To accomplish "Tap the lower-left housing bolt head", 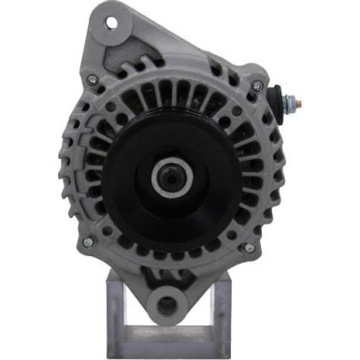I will (89, 242).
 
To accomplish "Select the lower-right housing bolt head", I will (249, 248).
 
